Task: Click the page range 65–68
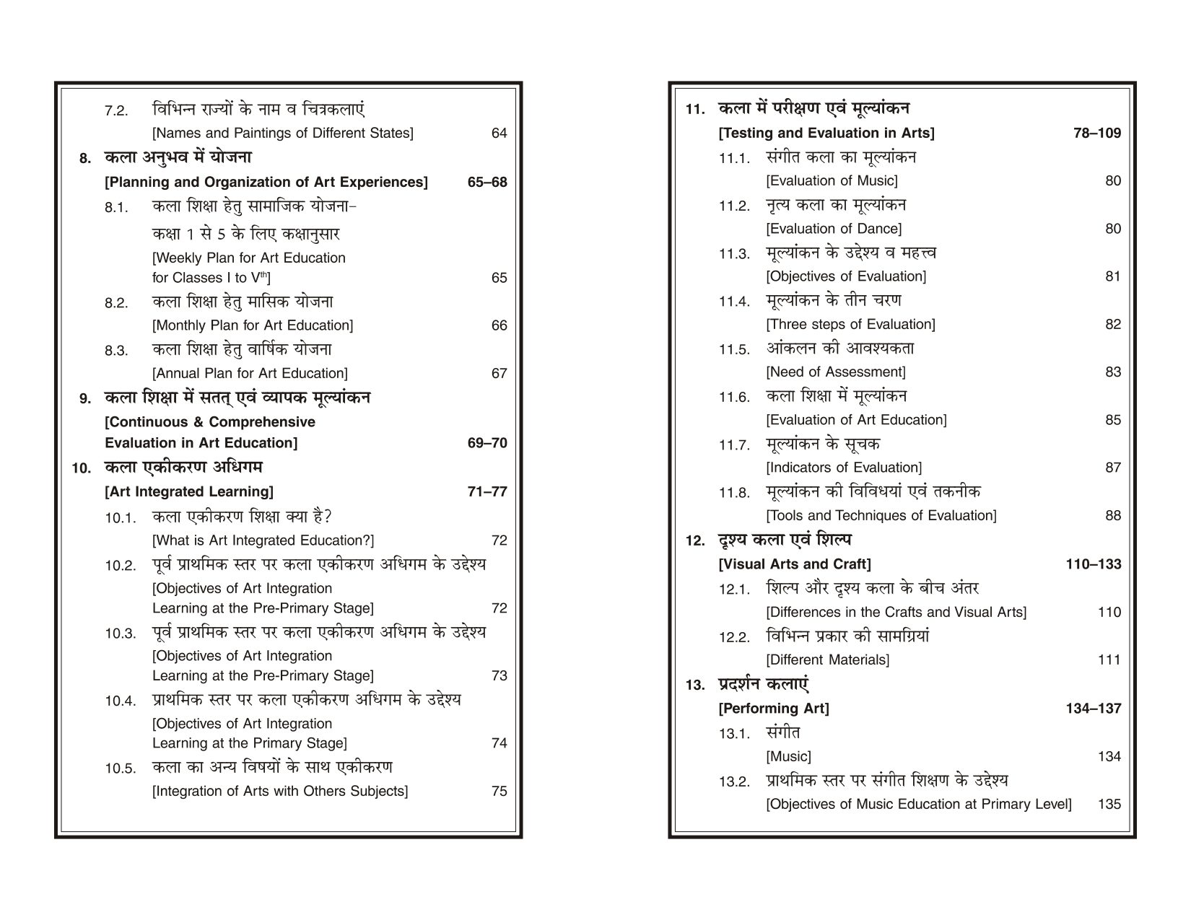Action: tap(487, 183)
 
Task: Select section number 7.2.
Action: tap(116, 112)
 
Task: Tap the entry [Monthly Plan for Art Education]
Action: tap(253, 325)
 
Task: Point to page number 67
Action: tap(499, 374)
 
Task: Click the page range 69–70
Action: tap(487, 443)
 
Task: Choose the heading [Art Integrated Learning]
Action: tap(189, 492)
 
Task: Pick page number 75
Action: tap(499, 792)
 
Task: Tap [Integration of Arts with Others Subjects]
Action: tap(280, 792)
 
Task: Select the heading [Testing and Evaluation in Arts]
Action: tap(826, 133)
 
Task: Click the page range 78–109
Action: tap(1097, 133)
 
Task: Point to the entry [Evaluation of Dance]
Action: tap(834, 229)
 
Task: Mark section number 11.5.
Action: tap(735, 351)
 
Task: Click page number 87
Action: tap(1112, 468)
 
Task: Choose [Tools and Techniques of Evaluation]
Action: tap(881, 516)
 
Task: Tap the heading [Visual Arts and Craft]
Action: tap(795, 564)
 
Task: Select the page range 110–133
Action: tap(1094, 564)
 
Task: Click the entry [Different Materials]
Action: tap(828, 660)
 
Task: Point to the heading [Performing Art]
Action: tap(774, 709)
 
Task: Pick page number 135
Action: tap(1109, 805)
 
